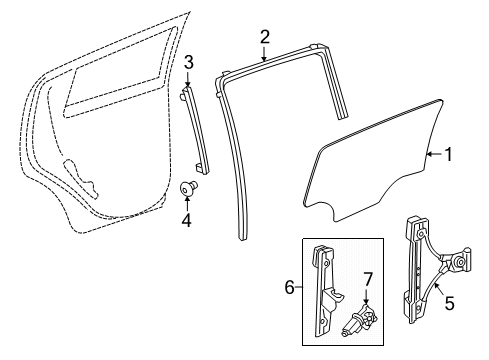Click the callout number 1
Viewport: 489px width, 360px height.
coord(449,154)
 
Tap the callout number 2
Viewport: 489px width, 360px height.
coord(264,37)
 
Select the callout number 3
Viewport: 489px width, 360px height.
coord(189,63)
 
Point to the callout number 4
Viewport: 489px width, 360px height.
coord(186,220)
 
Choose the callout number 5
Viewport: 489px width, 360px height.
coord(449,303)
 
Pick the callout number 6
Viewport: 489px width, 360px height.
coord(290,287)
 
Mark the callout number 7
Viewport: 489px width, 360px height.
coord(367,280)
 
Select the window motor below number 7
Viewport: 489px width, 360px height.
coord(359,319)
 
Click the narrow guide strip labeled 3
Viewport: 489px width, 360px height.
coord(196,130)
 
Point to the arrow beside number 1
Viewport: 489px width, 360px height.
coord(435,154)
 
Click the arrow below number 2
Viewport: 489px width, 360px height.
coord(264,54)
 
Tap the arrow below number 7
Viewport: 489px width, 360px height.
coord(366,296)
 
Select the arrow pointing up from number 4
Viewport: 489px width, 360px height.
coord(187,204)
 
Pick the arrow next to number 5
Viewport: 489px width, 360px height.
coord(439,289)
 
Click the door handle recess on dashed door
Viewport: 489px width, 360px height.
coord(81,178)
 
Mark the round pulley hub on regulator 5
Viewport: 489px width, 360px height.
coord(461,262)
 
